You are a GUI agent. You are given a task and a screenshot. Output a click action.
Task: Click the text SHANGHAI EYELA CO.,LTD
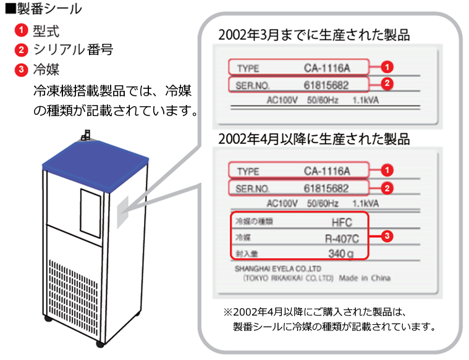coord(278,269)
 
